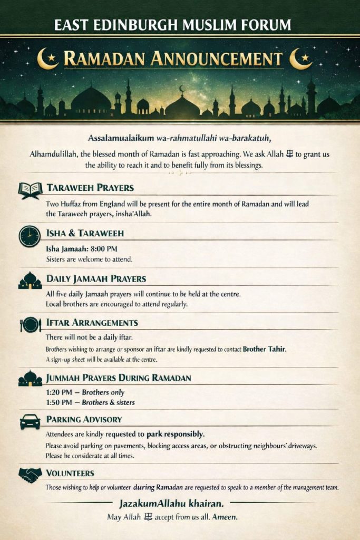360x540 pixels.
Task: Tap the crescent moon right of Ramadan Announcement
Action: point(301,59)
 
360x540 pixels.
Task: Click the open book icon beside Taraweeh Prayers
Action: point(30,190)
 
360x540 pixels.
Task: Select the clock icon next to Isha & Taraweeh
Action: point(30,236)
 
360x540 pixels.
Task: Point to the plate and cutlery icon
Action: point(31,324)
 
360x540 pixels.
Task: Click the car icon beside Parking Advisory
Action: point(30,421)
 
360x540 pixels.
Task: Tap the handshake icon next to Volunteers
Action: point(30,475)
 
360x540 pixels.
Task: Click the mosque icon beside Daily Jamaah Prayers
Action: point(30,281)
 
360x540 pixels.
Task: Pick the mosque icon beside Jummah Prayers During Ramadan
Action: point(30,378)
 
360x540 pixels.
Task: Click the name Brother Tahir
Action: point(264,349)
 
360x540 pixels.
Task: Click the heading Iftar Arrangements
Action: point(92,323)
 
